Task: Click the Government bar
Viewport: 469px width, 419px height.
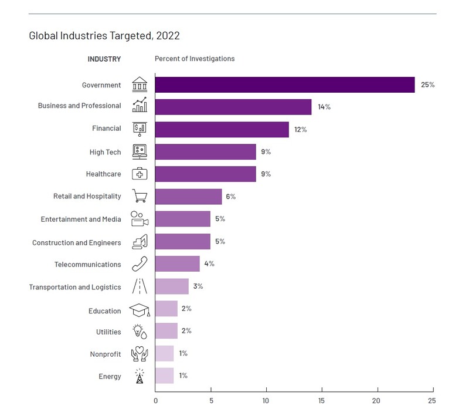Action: (x=284, y=85)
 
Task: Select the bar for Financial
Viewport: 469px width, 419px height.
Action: (x=222, y=129)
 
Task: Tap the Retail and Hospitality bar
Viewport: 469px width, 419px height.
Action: (x=188, y=197)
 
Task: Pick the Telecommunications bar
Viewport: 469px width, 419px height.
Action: (x=177, y=264)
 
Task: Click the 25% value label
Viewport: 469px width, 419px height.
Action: (x=427, y=85)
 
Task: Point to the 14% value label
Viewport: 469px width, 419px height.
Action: (x=324, y=107)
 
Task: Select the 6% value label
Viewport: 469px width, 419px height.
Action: (x=230, y=197)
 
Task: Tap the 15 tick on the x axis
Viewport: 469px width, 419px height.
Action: (x=321, y=401)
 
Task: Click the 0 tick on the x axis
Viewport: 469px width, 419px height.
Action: (x=155, y=401)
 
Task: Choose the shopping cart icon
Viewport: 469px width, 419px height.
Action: (x=140, y=196)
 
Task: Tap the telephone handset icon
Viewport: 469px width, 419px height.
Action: (x=140, y=264)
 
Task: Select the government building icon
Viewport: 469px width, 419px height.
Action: (x=140, y=85)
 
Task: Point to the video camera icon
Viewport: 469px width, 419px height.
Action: (x=140, y=219)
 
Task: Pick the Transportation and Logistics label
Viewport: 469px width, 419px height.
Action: (x=75, y=288)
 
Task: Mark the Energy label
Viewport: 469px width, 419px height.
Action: (x=110, y=377)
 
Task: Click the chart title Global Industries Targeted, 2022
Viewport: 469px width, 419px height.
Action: (x=104, y=36)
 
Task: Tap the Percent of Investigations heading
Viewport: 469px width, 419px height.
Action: (x=195, y=59)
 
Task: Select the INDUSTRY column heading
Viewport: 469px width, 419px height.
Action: (x=104, y=59)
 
